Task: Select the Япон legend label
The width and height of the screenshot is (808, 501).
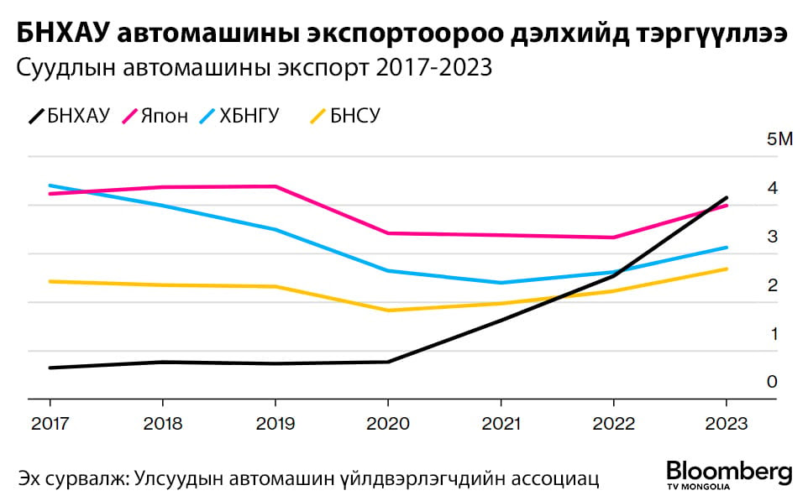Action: pos(165,115)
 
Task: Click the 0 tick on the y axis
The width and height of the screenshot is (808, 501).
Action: pos(772,382)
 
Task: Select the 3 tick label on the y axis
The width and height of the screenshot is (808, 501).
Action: pos(772,236)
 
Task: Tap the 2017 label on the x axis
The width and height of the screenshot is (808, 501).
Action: pos(49,424)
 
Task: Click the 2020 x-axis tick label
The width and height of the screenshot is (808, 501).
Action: pos(387,424)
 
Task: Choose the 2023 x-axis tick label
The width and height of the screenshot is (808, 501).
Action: pos(726,424)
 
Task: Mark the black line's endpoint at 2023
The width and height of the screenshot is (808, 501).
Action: pos(727,197)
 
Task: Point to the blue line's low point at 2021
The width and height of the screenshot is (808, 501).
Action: pos(501,283)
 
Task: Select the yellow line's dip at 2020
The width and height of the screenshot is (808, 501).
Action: pos(387,311)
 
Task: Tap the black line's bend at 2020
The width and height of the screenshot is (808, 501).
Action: pos(387,362)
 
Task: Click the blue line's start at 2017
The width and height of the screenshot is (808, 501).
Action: pos(50,185)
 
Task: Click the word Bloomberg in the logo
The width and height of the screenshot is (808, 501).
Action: pos(729,471)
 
